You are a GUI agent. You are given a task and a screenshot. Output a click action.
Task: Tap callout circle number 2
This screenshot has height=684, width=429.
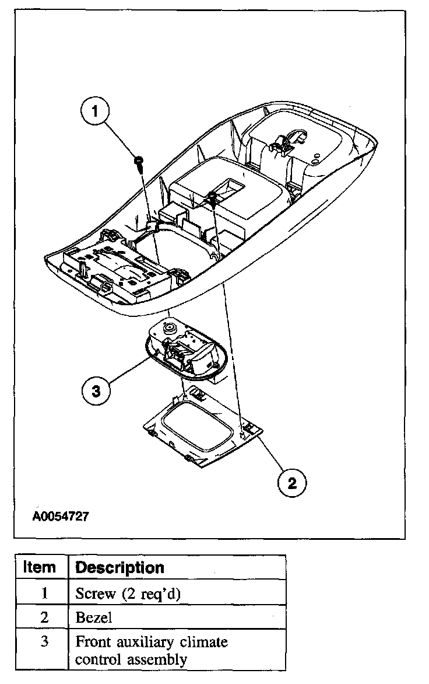coord(292,482)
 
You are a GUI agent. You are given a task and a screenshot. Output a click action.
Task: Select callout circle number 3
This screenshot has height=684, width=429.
coord(97,390)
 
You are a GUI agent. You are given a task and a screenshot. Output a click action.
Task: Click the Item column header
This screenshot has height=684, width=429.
coord(40,567)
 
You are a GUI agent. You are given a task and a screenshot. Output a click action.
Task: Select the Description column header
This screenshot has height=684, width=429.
coord(120,567)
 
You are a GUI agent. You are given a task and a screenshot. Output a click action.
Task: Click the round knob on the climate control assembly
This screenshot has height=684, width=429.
coord(169,329)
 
